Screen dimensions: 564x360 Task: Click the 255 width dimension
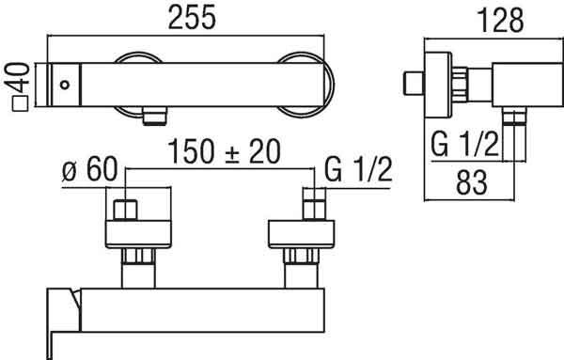(x=192, y=17)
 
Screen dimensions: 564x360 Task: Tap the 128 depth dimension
(x=501, y=21)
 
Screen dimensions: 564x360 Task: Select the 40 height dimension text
(x=17, y=78)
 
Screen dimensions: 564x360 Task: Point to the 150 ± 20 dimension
(x=224, y=151)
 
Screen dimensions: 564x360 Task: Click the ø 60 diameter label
(x=89, y=169)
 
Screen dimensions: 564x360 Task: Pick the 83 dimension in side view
(x=472, y=182)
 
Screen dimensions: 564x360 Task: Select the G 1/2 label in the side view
(x=464, y=145)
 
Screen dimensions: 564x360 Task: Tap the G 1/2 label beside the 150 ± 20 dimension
(x=358, y=169)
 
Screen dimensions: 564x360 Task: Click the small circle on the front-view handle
(x=65, y=85)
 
